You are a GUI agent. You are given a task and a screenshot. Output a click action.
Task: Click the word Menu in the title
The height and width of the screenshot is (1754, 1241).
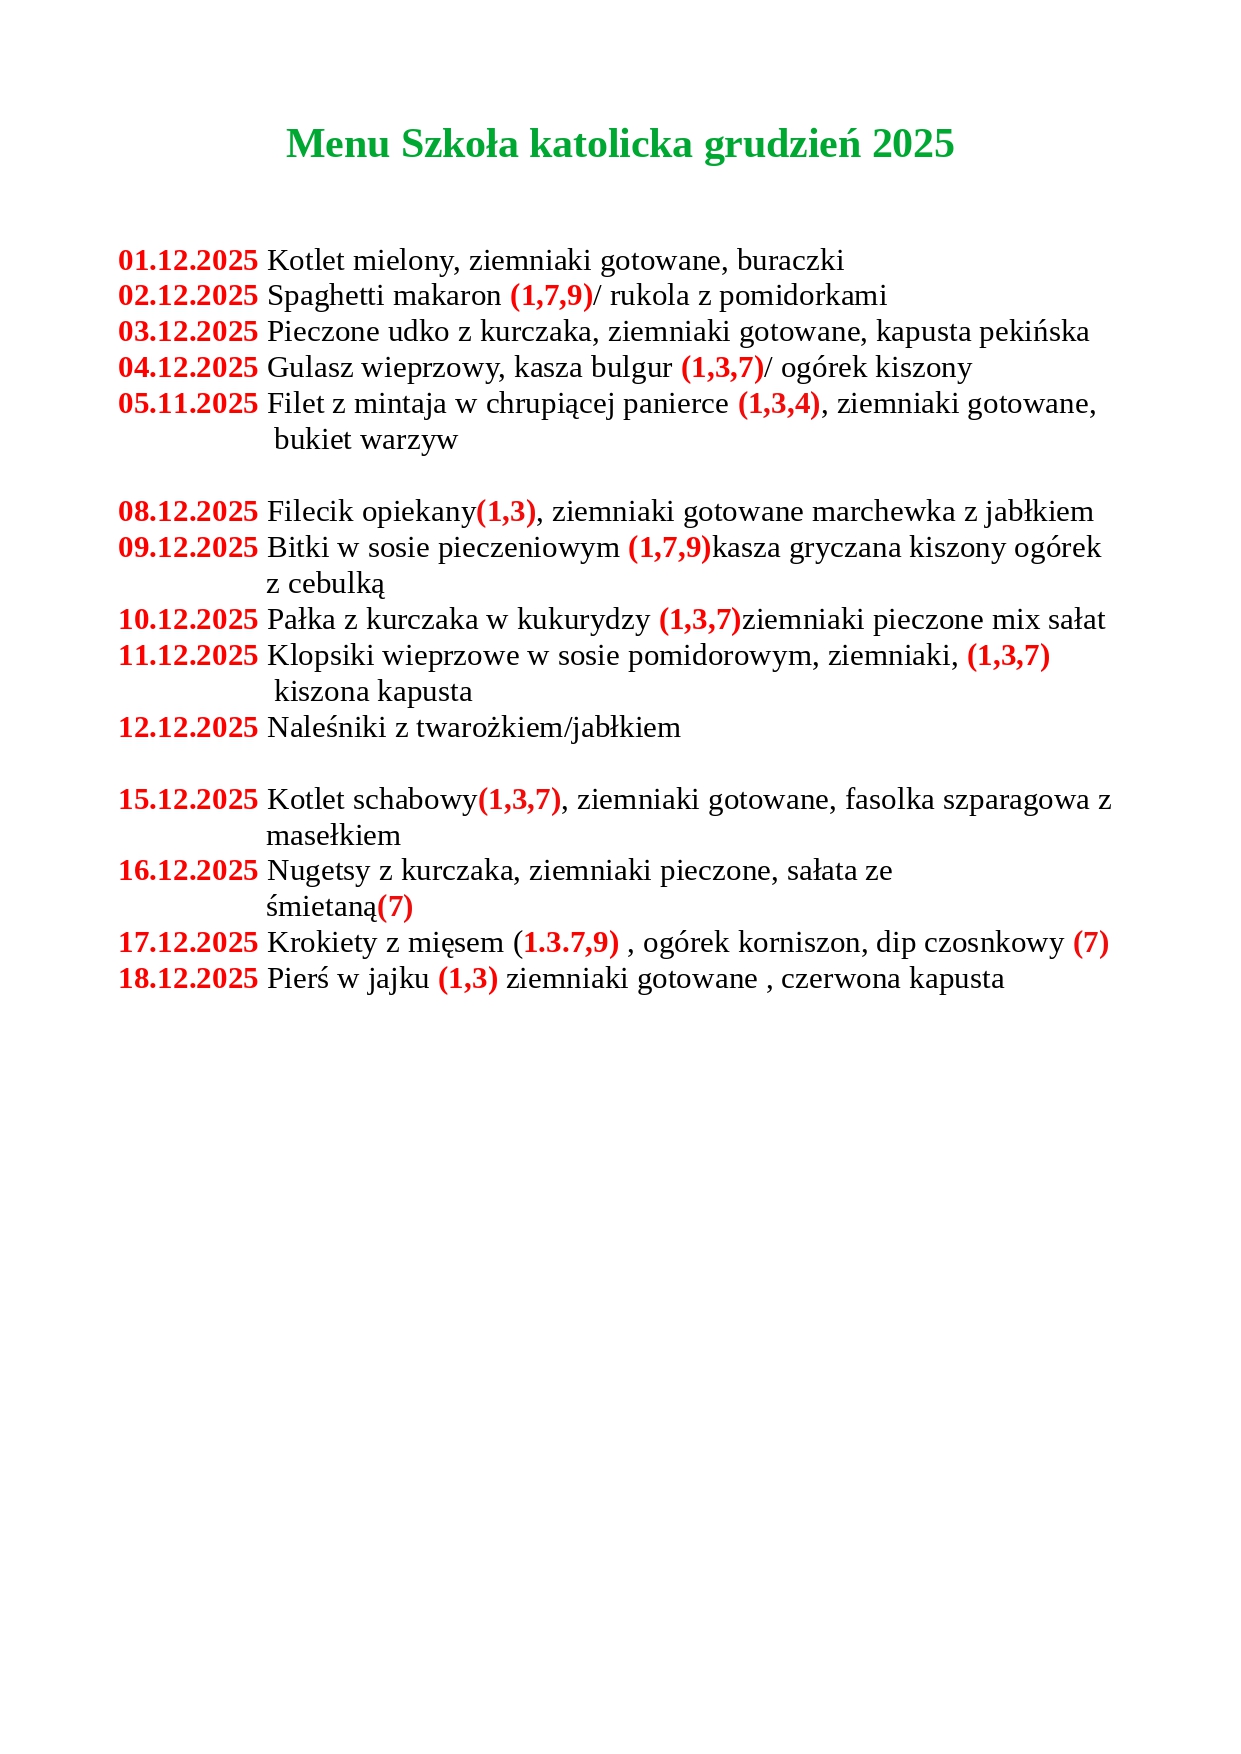tap(337, 144)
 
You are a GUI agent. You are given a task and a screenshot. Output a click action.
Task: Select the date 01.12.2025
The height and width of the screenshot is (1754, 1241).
tap(188, 261)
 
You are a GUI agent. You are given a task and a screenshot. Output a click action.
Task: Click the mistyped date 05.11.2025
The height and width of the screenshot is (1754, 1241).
tap(188, 404)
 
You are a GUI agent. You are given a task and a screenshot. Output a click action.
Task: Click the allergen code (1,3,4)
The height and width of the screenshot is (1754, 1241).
tap(779, 404)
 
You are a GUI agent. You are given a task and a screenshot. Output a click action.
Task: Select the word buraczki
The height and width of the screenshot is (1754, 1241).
tap(790, 261)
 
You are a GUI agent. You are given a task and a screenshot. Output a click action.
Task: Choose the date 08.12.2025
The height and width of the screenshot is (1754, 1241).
tap(188, 512)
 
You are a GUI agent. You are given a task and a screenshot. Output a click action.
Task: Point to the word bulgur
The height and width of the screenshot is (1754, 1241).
tap(631, 368)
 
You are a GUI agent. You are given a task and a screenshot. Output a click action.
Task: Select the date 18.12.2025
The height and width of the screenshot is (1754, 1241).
tap(188, 979)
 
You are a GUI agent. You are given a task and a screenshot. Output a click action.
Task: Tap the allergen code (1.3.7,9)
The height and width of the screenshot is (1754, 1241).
tap(566, 943)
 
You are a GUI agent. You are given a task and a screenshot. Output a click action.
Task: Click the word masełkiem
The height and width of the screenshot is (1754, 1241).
tap(333, 836)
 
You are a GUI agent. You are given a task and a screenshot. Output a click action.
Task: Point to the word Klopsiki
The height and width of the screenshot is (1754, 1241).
tap(320, 656)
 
